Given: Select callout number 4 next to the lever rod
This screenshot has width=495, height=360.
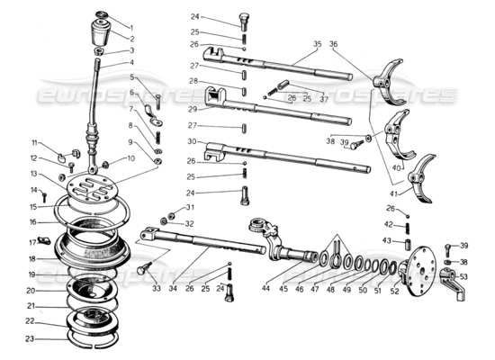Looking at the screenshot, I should (130, 63).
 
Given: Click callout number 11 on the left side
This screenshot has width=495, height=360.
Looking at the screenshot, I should (36, 143).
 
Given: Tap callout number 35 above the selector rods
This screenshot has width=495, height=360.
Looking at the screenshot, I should (317, 43).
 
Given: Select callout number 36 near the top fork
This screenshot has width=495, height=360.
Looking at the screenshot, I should (334, 43).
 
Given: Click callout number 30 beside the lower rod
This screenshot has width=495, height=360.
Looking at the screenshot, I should (193, 141).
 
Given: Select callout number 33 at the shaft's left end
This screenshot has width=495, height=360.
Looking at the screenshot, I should (156, 288).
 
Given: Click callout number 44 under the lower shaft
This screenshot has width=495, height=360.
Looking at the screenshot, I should (265, 288).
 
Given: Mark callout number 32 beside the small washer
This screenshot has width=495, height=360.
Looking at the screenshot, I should (189, 223).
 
